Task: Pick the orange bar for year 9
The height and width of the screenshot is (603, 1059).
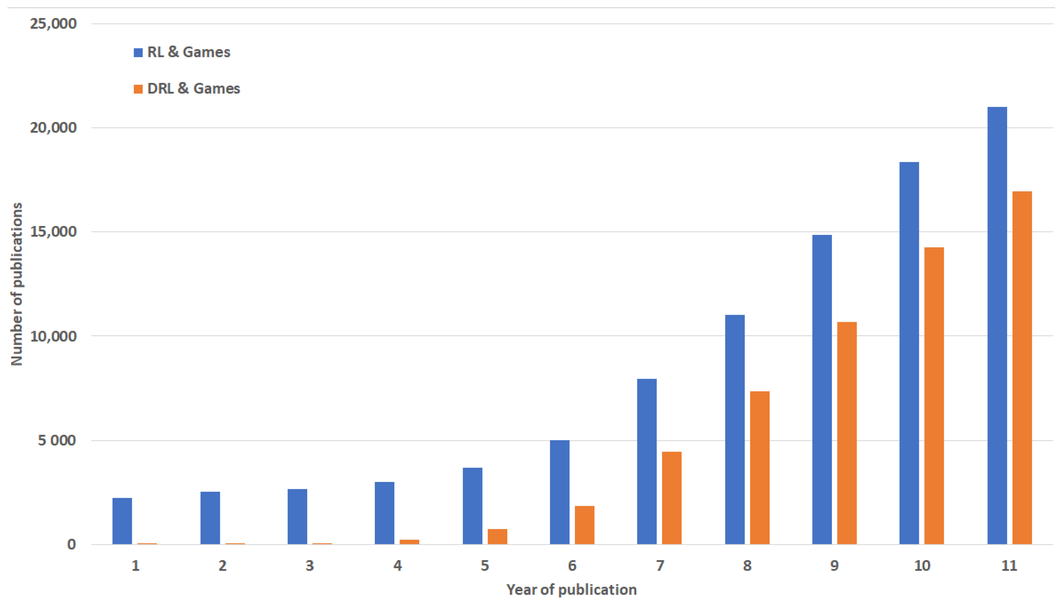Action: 847,433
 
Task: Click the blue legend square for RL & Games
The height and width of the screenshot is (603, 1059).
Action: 138,53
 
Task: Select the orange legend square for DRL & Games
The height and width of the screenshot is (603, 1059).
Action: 138,89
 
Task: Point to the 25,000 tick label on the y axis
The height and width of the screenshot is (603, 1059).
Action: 53,23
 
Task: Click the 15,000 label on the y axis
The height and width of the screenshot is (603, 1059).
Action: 53,232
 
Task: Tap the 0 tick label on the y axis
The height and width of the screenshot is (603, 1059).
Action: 71,544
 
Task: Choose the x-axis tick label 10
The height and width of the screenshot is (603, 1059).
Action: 922,566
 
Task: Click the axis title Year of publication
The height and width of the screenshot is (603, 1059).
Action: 571,590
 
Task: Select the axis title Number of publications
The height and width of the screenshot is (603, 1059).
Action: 17,284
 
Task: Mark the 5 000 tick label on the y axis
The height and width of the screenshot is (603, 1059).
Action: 57,440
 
